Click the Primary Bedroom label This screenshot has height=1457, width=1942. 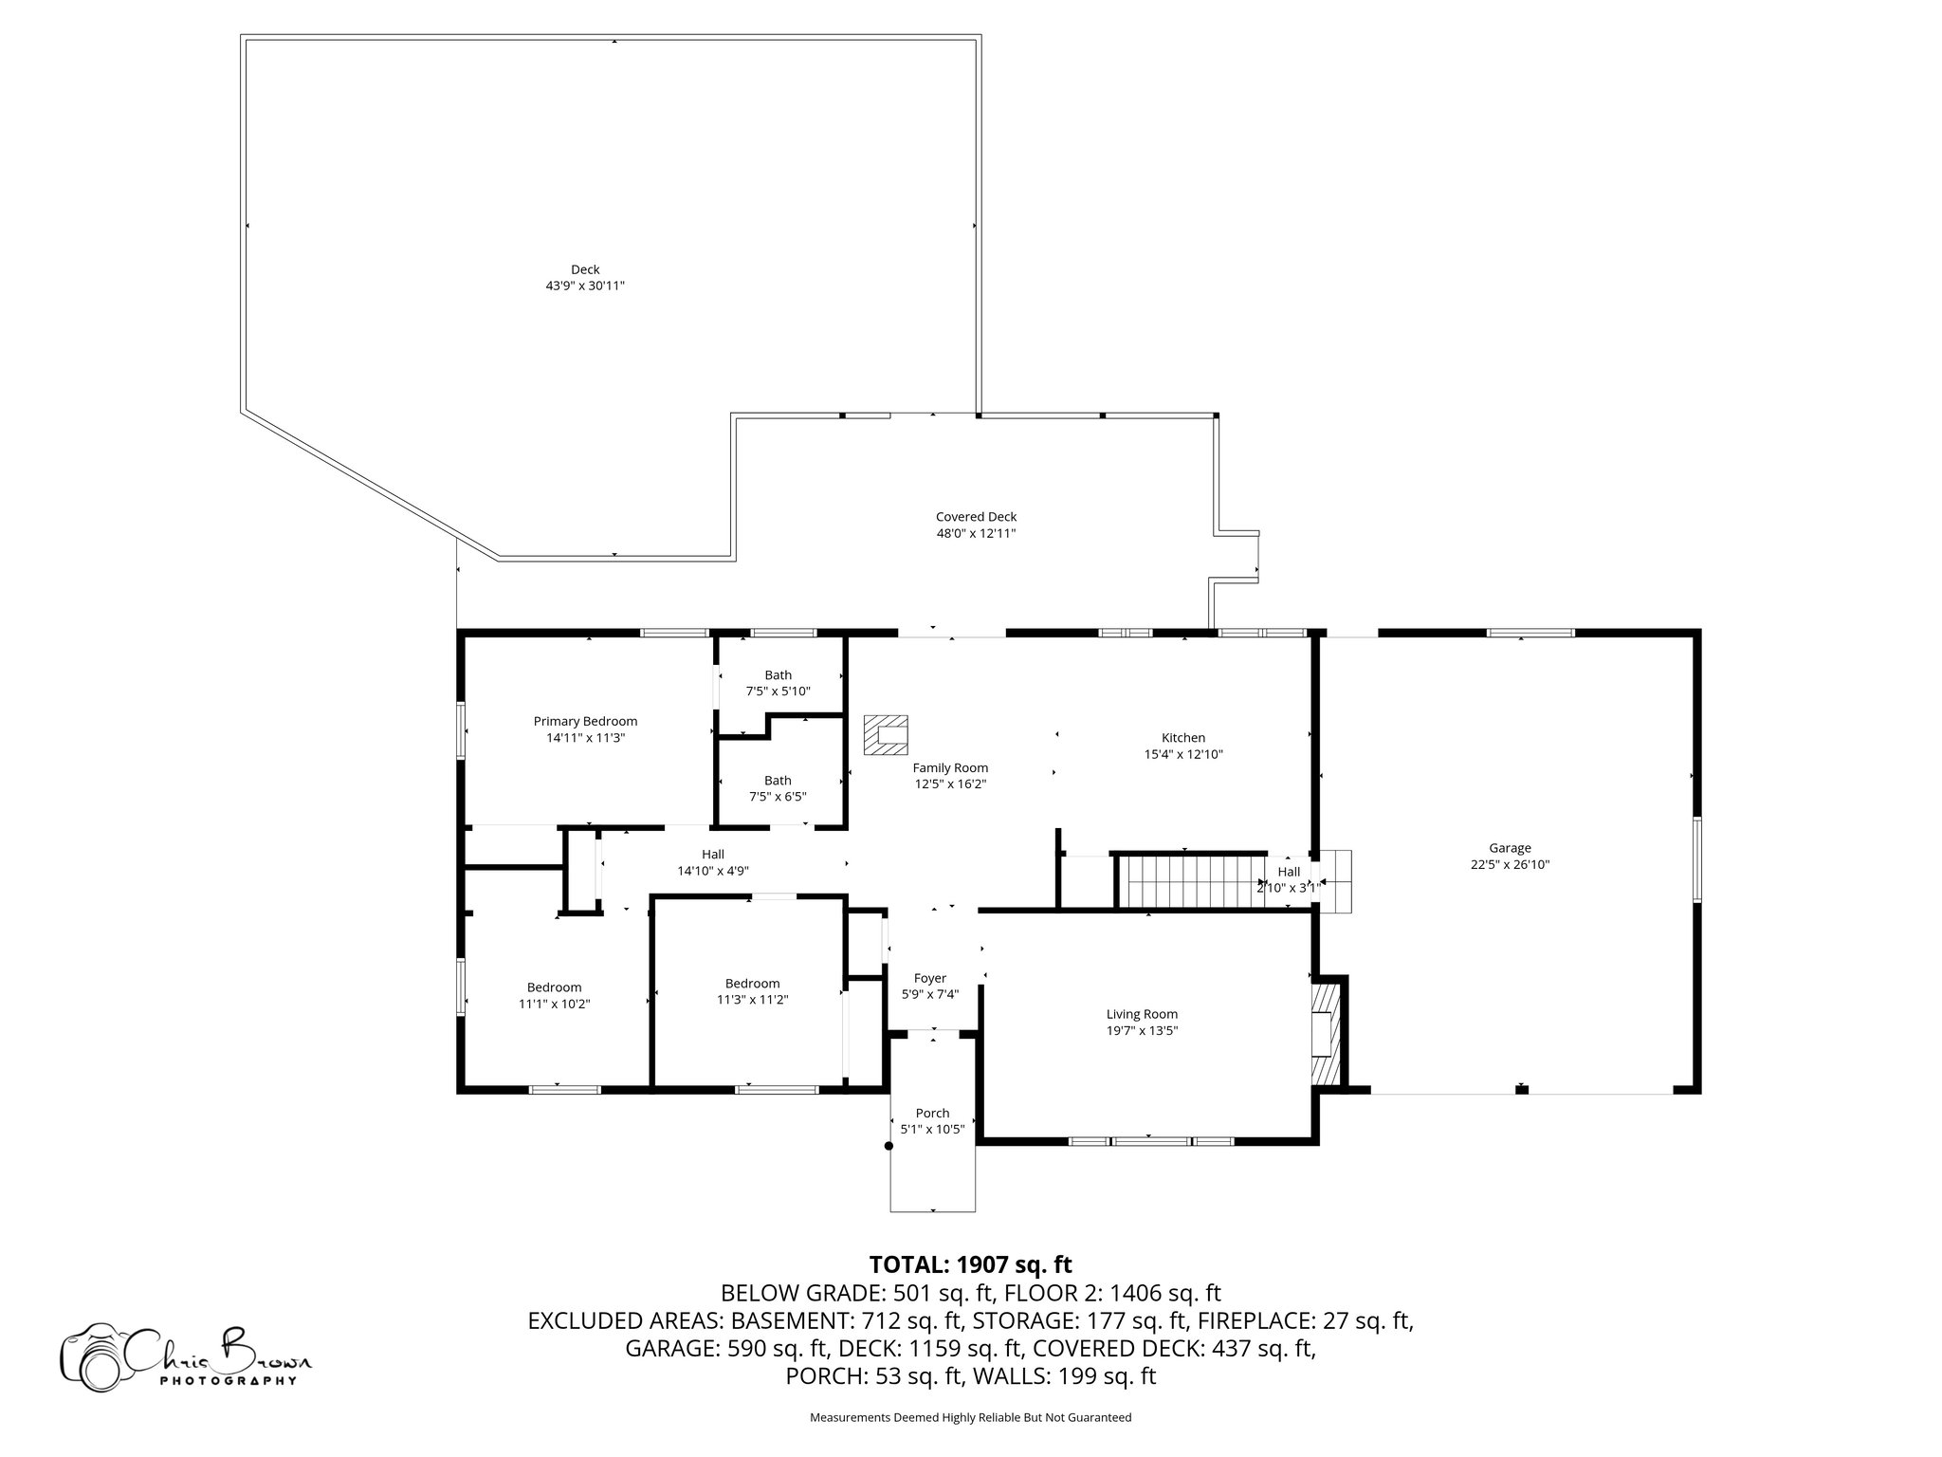click(x=585, y=721)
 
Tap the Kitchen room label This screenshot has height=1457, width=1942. click(x=1183, y=737)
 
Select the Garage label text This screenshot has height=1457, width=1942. click(x=1510, y=848)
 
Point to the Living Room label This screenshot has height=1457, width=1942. click(x=1142, y=1014)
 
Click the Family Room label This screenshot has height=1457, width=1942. click(x=950, y=767)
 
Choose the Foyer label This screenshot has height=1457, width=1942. click(x=930, y=978)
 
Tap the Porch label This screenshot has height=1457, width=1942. click(x=932, y=1113)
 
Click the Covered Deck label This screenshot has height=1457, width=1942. click(x=976, y=517)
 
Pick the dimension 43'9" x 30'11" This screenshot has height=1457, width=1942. click(x=585, y=286)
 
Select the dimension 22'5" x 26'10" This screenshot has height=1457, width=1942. click(x=1510, y=864)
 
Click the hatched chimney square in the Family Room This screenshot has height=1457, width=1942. click(x=886, y=735)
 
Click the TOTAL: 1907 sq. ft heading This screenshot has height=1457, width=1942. click(x=970, y=1263)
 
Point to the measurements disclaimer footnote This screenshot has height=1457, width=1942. click(x=970, y=1417)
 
